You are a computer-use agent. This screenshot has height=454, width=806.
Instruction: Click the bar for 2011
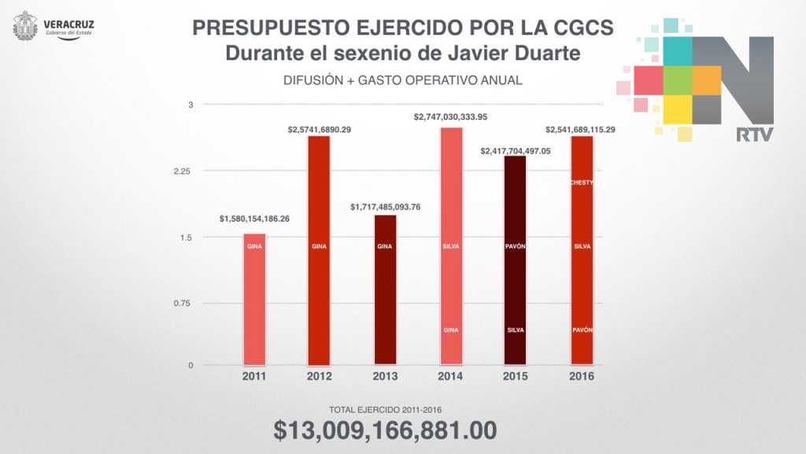(254, 300)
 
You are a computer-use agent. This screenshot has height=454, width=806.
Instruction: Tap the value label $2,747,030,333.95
(451, 117)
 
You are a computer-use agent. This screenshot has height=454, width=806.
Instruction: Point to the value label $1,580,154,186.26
(254, 219)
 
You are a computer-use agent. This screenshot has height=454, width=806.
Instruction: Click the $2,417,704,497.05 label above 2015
(516, 150)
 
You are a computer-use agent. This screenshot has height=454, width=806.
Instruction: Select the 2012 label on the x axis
(319, 377)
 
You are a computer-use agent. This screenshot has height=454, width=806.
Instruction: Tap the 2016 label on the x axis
(582, 377)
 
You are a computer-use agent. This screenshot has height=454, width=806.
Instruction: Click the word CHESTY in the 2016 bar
(582, 183)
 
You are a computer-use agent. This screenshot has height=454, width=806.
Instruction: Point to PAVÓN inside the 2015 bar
(516, 247)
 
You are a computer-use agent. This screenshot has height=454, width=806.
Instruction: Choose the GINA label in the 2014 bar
(451, 329)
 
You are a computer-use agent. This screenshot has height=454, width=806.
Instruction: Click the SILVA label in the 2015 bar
(516, 329)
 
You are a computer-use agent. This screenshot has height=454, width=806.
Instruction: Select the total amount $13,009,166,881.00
(385, 430)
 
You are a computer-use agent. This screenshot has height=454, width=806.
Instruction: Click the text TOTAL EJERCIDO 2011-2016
(385, 409)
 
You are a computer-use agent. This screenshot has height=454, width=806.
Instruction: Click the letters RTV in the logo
(754, 135)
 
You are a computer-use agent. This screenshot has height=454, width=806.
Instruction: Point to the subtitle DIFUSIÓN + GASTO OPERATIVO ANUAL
(403, 81)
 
